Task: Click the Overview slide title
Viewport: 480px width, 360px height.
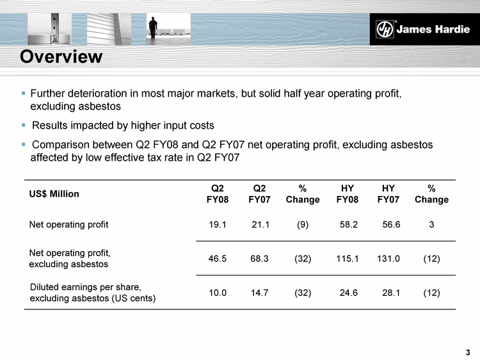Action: pyautogui.click(x=61, y=57)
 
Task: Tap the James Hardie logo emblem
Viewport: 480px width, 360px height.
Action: pyautogui.click(x=384, y=29)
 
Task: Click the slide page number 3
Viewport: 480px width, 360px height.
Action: pyautogui.click(x=468, y=352)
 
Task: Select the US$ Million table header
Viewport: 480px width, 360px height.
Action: pyautogui.click(x=54, y=194)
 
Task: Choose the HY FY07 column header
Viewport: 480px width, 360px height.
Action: pyautogui.click(x=388, y=194)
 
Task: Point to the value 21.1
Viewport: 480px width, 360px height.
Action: pyautogui.click(x=260, y=225)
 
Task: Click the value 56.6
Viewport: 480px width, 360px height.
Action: pyautogui.click(x=391, y=225)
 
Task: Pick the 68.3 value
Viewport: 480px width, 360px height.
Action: pyautogui.click(x=260, y=259)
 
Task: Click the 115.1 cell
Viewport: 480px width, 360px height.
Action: pyautogui.click(x=347, y=259)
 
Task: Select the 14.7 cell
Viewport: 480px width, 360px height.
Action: pyautogui.click(x=260, y=293)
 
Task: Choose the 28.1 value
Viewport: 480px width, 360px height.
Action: pyautogui.click(x=391, y=293)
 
